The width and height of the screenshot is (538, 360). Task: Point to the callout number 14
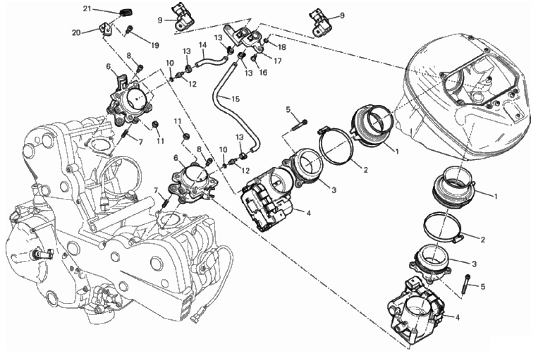[202, 45]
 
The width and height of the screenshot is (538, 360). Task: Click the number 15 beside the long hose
[235, 99]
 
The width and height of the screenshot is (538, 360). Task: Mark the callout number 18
[282, 47]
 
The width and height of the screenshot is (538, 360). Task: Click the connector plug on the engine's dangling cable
[198, 315]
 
